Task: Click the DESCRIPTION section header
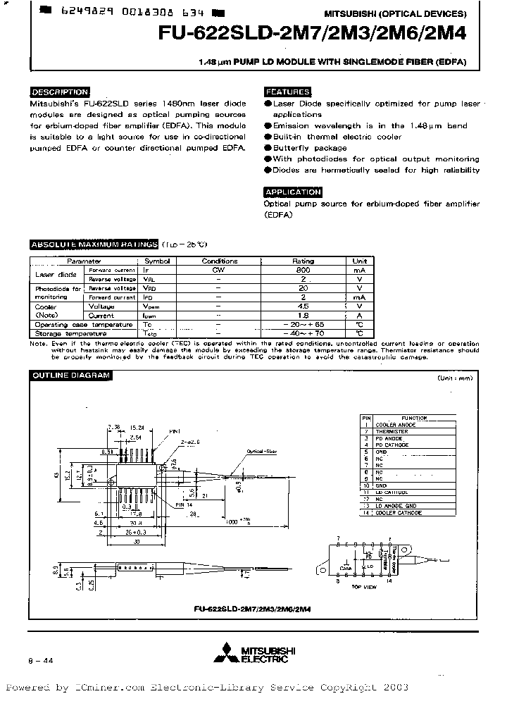tap(60, 92)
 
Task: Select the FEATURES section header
tap(287, 92)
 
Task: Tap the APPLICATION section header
tap(293, 192)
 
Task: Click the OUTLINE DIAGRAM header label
tap(70, 376)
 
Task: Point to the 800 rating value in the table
tap(303, 270)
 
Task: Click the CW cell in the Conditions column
tap(219, 270)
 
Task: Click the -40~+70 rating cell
tap(303, 333)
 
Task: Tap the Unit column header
tap(359, 261)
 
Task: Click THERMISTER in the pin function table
tap(392, 431)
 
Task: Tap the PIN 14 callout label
tap(184, 505)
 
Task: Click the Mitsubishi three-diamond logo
tap(228, 650)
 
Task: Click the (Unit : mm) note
tap(455, 379)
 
